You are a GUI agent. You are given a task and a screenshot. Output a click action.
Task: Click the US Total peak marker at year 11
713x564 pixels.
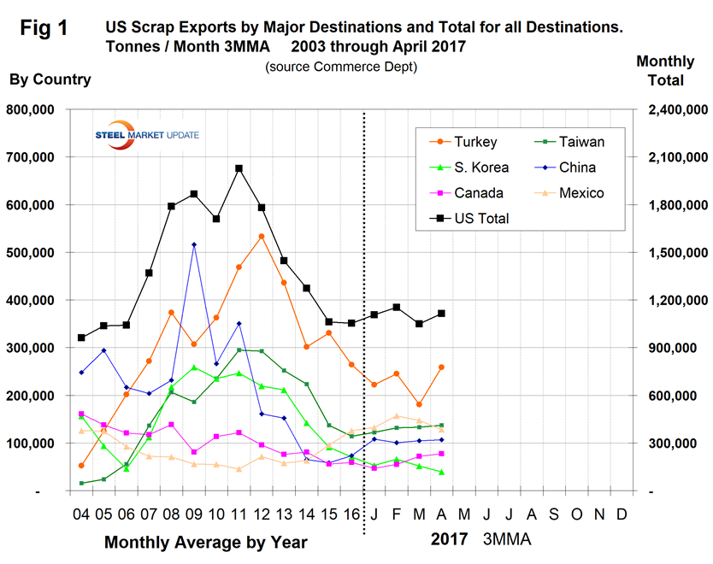click(239, 168)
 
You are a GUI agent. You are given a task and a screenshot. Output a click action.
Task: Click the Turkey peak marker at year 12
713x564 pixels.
click(261, 236)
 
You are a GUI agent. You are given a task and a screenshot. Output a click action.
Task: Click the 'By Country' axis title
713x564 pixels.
click(50, 79)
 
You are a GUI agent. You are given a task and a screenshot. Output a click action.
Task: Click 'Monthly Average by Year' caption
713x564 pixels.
click(205, 542)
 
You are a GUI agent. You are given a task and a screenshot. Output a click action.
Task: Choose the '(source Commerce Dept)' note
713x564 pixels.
click(328, 66)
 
